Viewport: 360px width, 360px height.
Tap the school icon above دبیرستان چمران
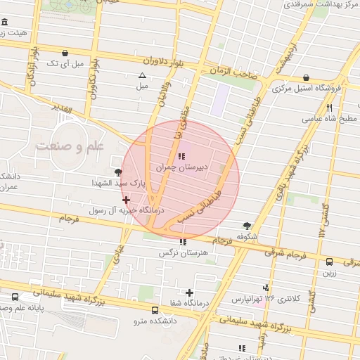tap(182, 156)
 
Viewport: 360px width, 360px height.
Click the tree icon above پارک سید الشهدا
tap(117, 172)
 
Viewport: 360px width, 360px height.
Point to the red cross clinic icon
tap(126, 200)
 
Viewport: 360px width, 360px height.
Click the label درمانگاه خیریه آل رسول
tap(126, 210)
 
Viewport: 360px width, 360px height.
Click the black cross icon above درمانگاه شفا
tap(189, 292)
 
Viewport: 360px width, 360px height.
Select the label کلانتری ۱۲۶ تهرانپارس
tap(266, 299)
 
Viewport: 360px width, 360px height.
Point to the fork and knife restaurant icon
tap(329, 108)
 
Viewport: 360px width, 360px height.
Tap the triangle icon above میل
tap(143, 75)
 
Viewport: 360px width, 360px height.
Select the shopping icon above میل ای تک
tap(65, 53)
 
